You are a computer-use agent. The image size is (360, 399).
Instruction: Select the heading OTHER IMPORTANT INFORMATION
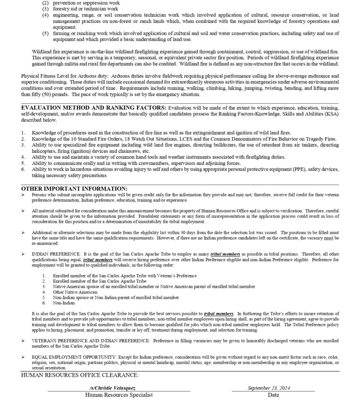click(74, 189)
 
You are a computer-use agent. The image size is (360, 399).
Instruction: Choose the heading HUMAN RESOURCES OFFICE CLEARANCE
click(79, 375)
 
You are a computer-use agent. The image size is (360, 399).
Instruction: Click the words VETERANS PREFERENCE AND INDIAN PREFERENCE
click(91, 341)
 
